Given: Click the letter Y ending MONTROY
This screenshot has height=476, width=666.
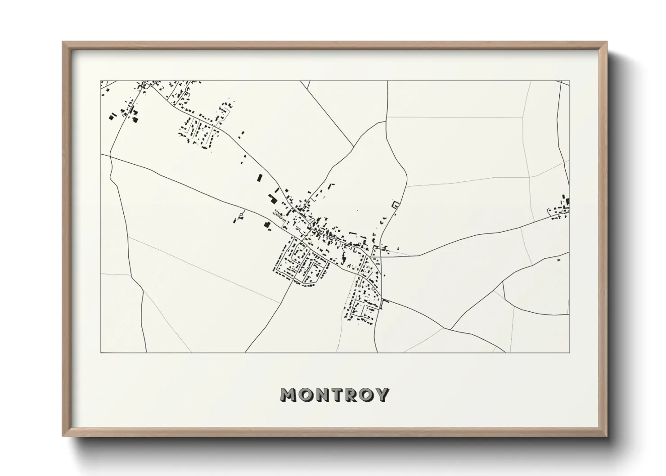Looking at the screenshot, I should [382, 395].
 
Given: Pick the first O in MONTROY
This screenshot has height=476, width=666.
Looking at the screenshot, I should [305, 395].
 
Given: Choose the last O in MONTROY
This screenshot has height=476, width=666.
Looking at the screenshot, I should [365, 395].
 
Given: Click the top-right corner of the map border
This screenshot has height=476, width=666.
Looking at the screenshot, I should [569, 81].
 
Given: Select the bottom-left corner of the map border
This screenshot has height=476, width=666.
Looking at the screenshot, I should [100, 352].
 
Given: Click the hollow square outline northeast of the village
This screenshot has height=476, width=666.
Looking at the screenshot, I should [396, 205].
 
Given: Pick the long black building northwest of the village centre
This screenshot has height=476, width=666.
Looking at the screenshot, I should [259, 177].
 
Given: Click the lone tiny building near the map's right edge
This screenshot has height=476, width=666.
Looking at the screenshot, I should [559, 260].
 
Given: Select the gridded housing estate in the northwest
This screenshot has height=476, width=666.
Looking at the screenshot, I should [198, 131].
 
